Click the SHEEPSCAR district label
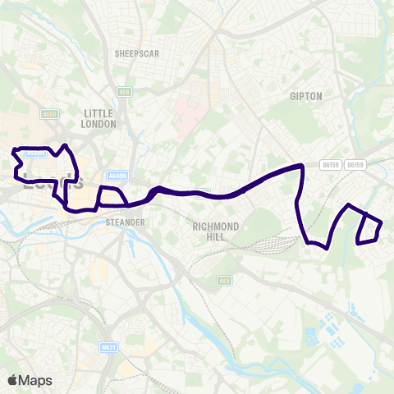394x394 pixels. [x=138, y=53]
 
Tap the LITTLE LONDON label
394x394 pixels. [x=99, y=118]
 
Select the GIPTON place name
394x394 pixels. [x=306, y=96]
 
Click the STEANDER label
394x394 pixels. [x=126, y=222]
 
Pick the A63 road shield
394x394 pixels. [x=224, y=281]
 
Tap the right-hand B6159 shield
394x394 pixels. [x=355, y=165]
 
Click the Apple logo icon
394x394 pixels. [x=12, y=380]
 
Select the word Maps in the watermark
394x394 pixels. [x=36, y=380]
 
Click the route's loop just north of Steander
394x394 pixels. [x=110, y=198]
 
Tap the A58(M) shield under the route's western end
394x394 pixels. [x=34, y=153]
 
